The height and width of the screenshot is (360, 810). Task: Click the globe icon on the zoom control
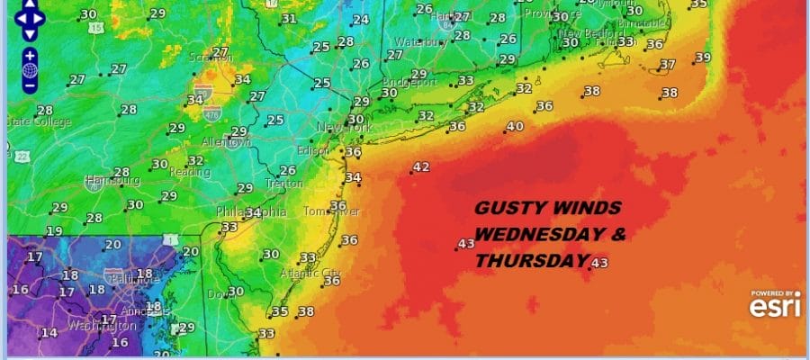click(x=29, y=69)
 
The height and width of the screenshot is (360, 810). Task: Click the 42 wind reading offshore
click(x=421, y=167)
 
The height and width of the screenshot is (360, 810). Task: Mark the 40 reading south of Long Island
click(x=515, y=127)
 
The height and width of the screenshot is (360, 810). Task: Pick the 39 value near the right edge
click(x=703, y=58)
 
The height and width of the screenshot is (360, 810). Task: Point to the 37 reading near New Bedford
click(x=667, y=65)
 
